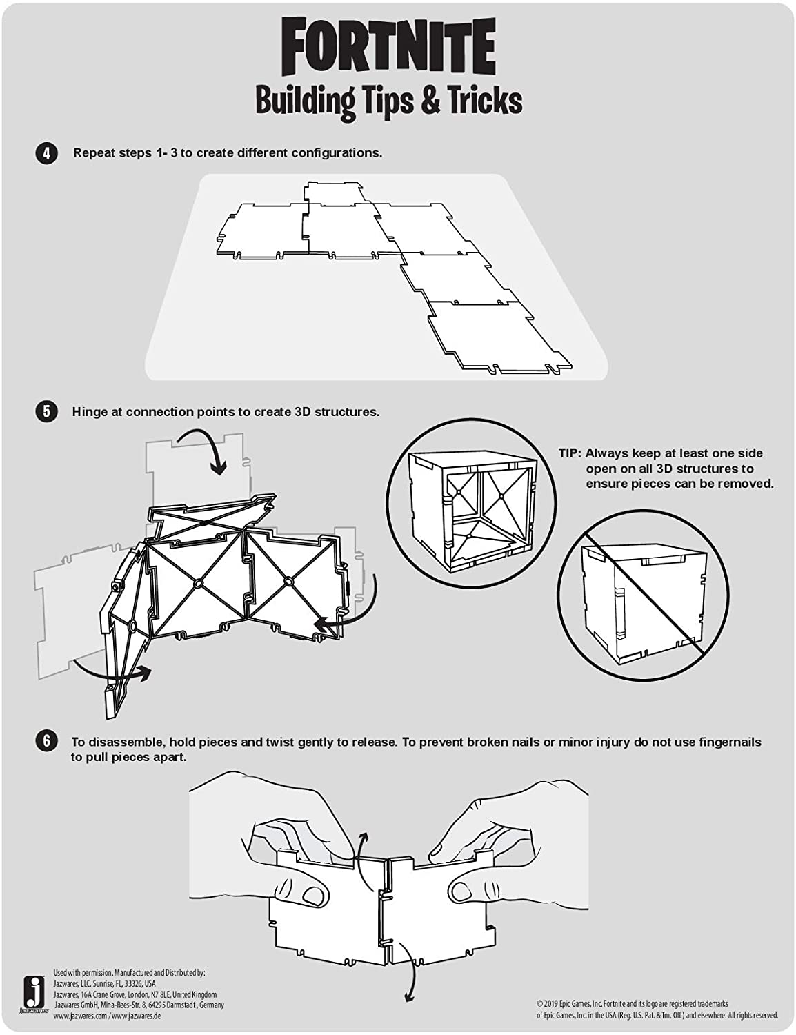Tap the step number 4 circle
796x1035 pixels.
coord(46,153)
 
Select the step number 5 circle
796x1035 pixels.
coord(46,413)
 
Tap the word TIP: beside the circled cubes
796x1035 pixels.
coord(570,453)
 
